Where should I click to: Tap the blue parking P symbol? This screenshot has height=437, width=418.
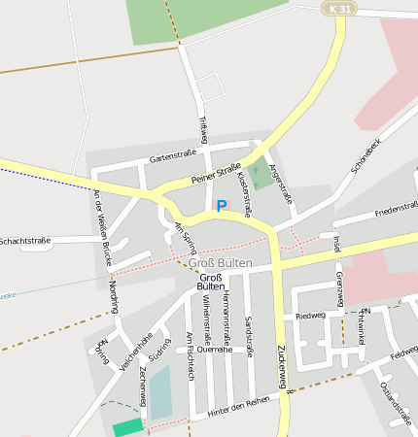(221, 205)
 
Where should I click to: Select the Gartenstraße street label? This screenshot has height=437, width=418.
(173, 155)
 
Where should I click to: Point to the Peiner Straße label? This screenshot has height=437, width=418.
(216, 176)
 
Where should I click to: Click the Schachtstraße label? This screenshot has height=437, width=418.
(25, 240)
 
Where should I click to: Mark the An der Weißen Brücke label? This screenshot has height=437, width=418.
(101, 227)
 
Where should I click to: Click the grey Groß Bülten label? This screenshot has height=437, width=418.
(220, 263)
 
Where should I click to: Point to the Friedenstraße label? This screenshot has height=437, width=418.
(396, 209)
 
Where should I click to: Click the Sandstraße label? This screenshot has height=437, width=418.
(249, 336)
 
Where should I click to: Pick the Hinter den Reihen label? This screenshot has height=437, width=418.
(238, 407)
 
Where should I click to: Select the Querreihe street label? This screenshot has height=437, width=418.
(214, 349)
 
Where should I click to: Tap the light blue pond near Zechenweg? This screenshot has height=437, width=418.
(159, 391)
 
